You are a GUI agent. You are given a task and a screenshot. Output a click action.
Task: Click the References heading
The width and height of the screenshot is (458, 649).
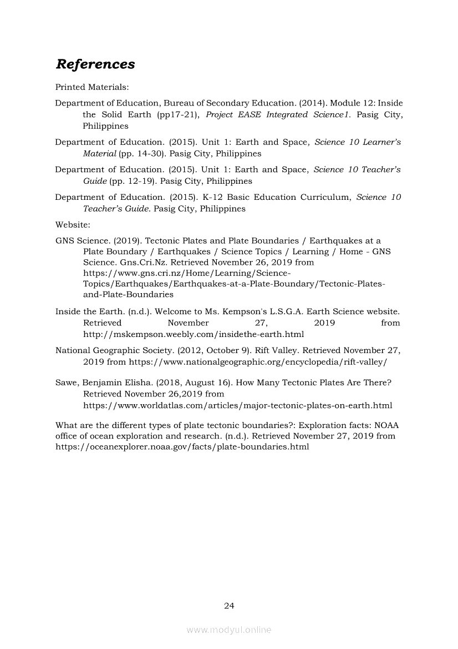click(x=95, y=64)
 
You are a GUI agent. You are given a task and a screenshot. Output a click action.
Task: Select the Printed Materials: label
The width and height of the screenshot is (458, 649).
click(x=92, y=87)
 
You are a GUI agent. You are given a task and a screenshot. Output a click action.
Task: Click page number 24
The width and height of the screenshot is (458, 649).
click(x=229, y=606)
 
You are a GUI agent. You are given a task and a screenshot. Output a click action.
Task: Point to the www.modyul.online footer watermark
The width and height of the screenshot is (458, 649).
click(x=229, y=630)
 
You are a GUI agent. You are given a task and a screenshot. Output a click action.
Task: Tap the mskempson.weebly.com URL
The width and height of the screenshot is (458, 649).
click(x=193, y=334)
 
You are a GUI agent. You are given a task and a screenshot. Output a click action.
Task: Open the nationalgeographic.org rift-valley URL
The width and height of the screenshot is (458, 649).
click(x=258, y=361)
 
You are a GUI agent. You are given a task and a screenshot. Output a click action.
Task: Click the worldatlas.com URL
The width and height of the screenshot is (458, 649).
click(x=237, y=405)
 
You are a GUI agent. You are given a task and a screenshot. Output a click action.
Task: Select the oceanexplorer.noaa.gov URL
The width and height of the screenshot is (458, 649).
click(x=182, y=446)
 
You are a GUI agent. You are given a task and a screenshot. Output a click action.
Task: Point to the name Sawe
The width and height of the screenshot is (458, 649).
click(x=67, y=383)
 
